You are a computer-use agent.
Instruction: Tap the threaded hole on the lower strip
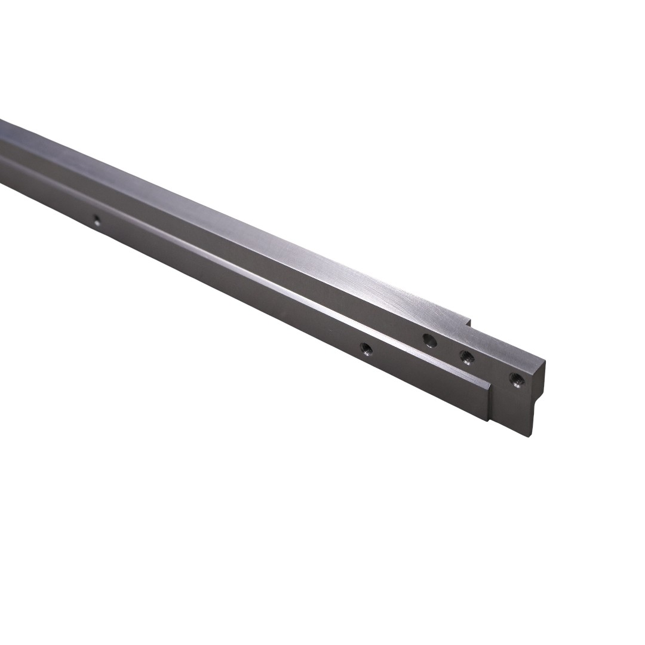[x=366, y=347]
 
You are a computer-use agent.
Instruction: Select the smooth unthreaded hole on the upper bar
[x=429, y=341]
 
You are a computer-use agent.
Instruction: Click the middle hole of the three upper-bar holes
[x=466, y=358]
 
